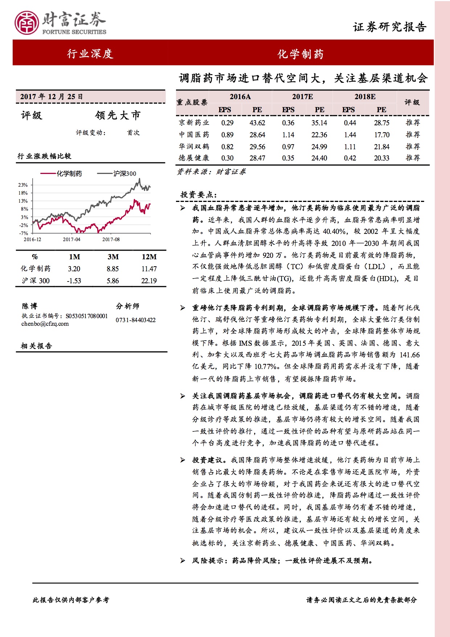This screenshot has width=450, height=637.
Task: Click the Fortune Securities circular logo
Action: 26,23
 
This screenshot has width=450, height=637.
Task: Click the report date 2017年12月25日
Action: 52,97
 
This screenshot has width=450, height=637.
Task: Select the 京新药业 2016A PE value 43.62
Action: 257,123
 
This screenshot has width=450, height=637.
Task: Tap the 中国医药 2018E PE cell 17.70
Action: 381,135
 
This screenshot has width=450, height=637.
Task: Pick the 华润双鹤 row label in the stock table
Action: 194,147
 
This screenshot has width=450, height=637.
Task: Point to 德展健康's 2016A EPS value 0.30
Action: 227,158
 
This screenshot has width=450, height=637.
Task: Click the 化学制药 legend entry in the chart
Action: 69,174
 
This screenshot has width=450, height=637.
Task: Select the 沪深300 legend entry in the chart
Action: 124,174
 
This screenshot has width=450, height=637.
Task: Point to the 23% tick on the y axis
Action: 23,185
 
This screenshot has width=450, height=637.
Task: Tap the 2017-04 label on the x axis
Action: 71,239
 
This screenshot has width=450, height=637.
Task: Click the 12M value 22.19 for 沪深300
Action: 149,281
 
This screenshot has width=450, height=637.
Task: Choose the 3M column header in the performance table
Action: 113,257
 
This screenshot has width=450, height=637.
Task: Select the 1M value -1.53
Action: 74,281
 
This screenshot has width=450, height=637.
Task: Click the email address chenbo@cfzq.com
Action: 45,324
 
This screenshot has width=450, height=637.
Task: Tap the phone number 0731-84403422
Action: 136,320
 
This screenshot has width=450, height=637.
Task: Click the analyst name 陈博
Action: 29,306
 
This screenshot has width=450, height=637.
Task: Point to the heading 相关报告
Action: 36,346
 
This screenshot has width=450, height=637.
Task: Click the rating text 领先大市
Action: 118,115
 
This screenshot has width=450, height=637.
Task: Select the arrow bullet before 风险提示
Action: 183,561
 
